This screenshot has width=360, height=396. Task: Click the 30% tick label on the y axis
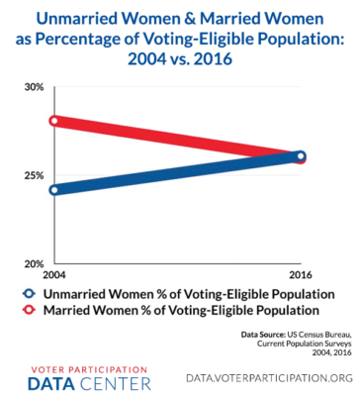click(x=34, y=88)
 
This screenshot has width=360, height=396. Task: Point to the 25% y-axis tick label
click(x=34, y=175)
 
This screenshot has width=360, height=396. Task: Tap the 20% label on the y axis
click(x=34, y=262)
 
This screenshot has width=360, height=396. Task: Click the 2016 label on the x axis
click(x=301, y=273)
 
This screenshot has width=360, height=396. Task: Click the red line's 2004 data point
click(x=57, y=122)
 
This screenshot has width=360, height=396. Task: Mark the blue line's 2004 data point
click(x=57, y=190)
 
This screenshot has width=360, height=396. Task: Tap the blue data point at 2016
click(x=301, y=156)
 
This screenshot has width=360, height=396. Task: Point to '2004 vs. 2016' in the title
click(x=179, y=57)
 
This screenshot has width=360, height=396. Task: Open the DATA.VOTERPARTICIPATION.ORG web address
click(x=269, y=377)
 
